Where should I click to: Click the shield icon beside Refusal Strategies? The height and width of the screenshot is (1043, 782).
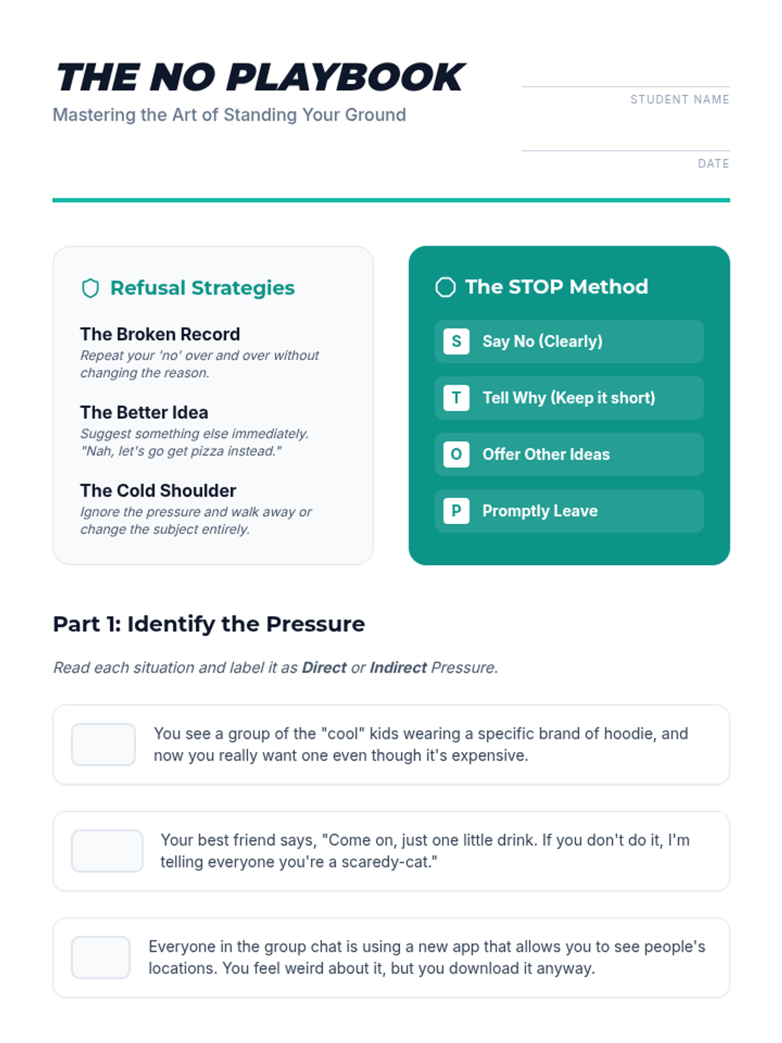click(90, 288)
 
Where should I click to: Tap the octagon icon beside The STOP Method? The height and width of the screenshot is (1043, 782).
click(445, 287)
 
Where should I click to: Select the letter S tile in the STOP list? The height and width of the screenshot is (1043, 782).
click(456, 341)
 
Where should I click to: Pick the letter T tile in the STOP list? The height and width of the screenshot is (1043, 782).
click(456, 398)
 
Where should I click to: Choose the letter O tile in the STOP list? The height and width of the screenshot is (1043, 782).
click(456, 454)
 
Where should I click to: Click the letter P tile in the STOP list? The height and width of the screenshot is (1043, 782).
click(456, 511)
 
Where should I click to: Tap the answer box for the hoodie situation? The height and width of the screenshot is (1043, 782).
click(104, 744)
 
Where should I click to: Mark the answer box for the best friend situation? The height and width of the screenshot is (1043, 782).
click(108, 851)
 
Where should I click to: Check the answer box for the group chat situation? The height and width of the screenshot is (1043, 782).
click(100, 957)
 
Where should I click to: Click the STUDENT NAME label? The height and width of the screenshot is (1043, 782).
click(680, 99)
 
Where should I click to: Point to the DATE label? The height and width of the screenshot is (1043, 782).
click(713, 164)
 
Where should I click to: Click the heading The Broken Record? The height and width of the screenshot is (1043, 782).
click(160, 334)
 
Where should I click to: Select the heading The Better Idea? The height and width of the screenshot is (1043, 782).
click(144, 412)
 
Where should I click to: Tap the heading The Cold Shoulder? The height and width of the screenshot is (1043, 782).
click(158, 490)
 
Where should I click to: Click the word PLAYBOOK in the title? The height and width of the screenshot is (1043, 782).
click(346, 77)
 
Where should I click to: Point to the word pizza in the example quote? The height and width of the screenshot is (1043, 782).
click(207, 450)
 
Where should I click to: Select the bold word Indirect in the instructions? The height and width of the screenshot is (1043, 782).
click(398, 668)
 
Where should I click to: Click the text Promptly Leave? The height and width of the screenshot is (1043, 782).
click(540, 511)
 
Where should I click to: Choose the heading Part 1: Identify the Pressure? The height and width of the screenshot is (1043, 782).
click(209, 624)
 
